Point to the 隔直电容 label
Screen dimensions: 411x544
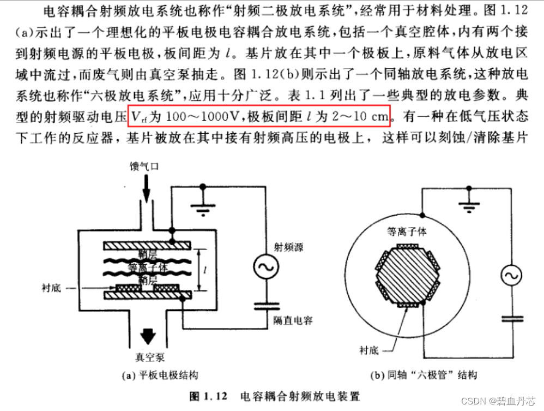(293, 320)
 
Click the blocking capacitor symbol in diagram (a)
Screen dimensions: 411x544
(265, 305)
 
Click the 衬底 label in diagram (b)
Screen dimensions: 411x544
(368, 350)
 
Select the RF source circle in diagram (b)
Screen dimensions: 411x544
(511, 276)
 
